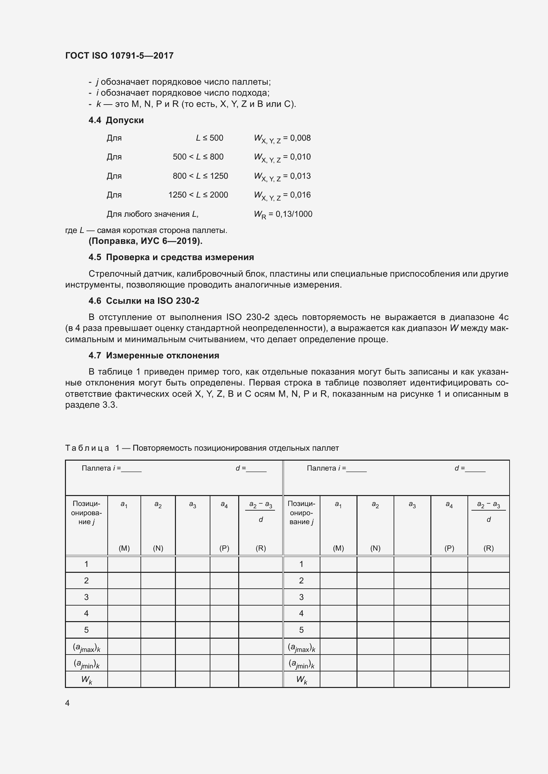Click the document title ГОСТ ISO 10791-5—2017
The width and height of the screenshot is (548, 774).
click(x=119, y=56)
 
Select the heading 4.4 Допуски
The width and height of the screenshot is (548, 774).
click(x=116, y=120)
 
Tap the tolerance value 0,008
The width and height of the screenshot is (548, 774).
click(x=300, y=138)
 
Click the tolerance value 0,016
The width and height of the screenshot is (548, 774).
click(x=300, y=195)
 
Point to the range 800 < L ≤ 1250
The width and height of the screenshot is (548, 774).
click(x=200, y=176)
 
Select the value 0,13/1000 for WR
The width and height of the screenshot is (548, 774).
click(x=294, y=214)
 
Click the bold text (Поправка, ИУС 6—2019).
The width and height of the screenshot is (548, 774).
click(x=145, y=241)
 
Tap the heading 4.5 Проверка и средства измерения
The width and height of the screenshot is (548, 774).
click(x=171, y=257)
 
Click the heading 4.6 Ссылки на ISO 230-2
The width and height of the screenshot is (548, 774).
click(x=144, y=301)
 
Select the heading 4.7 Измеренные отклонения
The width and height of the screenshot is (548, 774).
click(x=154, y=355)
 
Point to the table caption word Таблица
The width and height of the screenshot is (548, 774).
click(x=87, y=448)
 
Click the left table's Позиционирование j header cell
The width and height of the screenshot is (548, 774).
click(x=86, y=513)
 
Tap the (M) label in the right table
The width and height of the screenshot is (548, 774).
click(x=338, y=548)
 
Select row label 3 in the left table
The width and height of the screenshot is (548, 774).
click(x=86, y=597)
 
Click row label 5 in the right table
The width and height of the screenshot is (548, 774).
click(x=301, y=630)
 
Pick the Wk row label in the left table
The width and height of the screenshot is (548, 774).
click(x=86, y=680)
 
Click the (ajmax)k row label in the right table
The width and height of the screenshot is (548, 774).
click(x=301, y=647)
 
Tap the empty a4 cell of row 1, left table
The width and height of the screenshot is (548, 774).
click(x=224, y=564)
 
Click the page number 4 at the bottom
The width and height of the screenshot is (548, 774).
click(x=68, y=703)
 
